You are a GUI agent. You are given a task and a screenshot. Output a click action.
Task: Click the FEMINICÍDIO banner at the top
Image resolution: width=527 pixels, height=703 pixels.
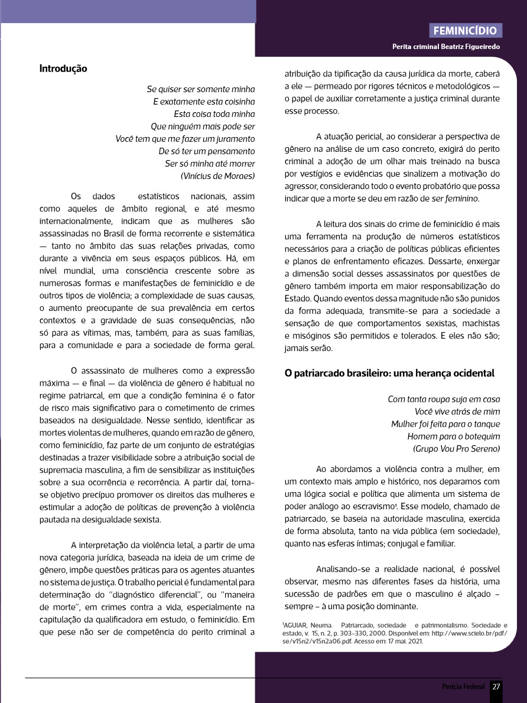click(x=466, y=31)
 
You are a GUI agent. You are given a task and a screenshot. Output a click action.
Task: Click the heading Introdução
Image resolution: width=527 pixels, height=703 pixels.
click(x=63, y=69)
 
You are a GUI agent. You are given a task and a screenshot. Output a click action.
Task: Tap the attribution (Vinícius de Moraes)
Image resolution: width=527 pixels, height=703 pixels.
click(x=217, y=176)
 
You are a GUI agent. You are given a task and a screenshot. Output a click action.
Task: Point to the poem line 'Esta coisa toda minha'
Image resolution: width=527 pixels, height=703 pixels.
click(x=214, y=114)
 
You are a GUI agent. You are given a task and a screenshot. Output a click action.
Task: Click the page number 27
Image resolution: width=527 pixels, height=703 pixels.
click(x=496, y=686)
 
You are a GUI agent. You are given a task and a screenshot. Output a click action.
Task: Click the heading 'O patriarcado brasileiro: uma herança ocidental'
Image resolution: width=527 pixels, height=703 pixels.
click(x=389, y=373)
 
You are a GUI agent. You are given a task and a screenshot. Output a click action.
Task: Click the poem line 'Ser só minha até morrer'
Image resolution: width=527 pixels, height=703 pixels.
click(x=210, y=164)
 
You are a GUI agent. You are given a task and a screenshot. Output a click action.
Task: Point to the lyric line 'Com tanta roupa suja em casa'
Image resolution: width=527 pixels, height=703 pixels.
click(x=444, y=399)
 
